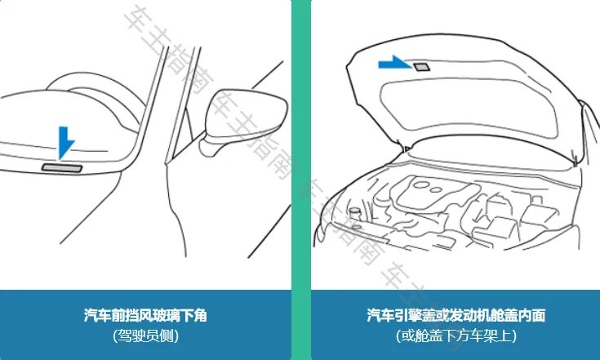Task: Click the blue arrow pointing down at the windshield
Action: coord(65,143)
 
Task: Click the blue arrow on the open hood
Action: coord(395,63)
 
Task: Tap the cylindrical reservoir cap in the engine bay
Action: coord(355,213)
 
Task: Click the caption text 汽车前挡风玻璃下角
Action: coord(145,314)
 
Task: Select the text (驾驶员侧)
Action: coord(145,335)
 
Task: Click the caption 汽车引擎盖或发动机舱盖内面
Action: coord(456,314)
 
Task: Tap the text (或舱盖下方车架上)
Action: coord(456,335)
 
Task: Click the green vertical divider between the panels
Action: coord(301,163)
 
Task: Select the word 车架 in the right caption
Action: coord(486,335)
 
